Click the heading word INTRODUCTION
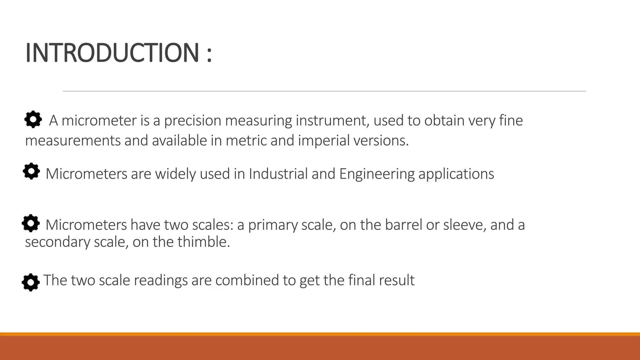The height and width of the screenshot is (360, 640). coord(112,52)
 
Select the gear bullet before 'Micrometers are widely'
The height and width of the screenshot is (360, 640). coord(31,171)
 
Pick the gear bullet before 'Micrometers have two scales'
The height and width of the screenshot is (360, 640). coord(31,223)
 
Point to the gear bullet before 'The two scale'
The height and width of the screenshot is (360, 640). coord(31,282)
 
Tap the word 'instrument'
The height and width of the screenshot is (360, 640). coord(332,121)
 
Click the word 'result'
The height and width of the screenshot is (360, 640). coord(397,280)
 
